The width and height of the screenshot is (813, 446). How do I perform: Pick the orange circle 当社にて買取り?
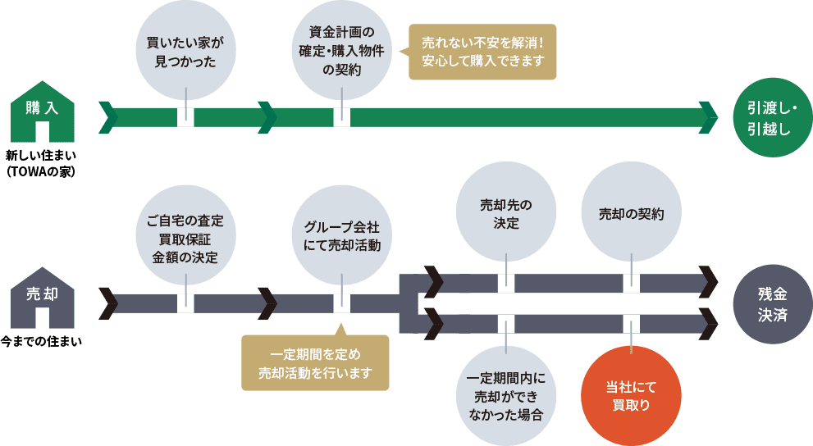click(631, 396)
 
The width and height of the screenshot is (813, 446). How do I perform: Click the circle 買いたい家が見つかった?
click(185, 52)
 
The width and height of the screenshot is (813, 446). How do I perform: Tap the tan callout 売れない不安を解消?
click(482, 50)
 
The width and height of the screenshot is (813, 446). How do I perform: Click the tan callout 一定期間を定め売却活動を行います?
click(315, 363)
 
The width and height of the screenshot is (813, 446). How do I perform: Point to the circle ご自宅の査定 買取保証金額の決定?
click(185, 238)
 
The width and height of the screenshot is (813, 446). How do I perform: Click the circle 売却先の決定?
click(506, 213)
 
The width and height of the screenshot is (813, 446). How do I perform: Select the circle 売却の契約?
click(631, 213)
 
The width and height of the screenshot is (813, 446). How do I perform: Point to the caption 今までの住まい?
click(41, 340)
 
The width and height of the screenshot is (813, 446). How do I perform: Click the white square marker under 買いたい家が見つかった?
click(185, 117)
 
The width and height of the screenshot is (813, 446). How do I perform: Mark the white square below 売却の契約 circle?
click(631, 284)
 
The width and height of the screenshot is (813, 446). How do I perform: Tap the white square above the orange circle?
click(631, 322)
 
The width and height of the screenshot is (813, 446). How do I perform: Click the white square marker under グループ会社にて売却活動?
click(341, 303)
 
